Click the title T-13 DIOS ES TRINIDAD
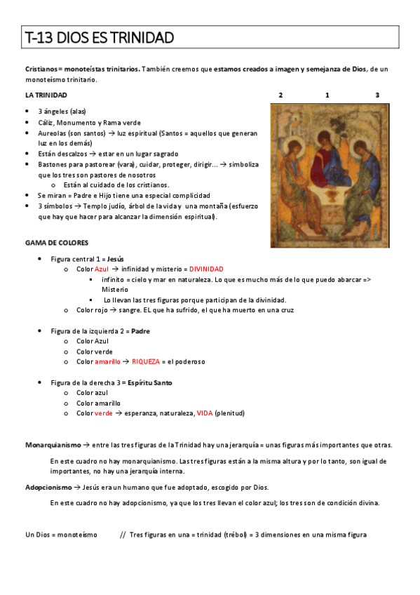pyautogui.click(x=99, y=37)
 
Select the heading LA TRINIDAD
pyautogui.click(x=46, y=95)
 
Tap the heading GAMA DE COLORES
pyautogui.click(x=57, y=243)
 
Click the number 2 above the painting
pyautogui.click(x=280, y=95)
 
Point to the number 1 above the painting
pyautogui.click(x=327, y=95)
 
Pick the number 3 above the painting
pyautogui.click(x=377, y=95)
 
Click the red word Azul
pyautogui.click(x=101, y=269)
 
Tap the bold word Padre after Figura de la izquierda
pyautogui.click(x=140, y=330)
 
